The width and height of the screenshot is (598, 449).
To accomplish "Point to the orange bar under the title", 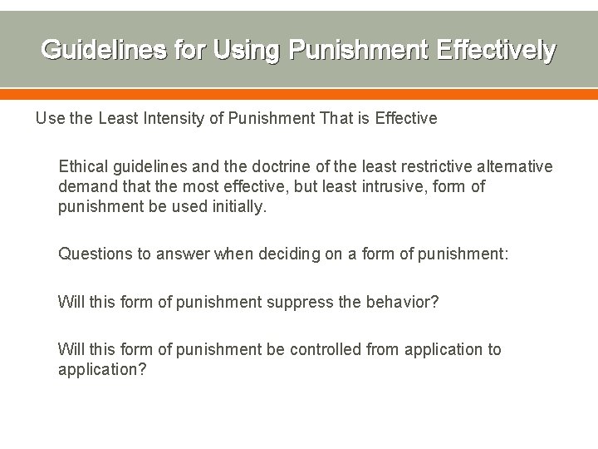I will (299, 93).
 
